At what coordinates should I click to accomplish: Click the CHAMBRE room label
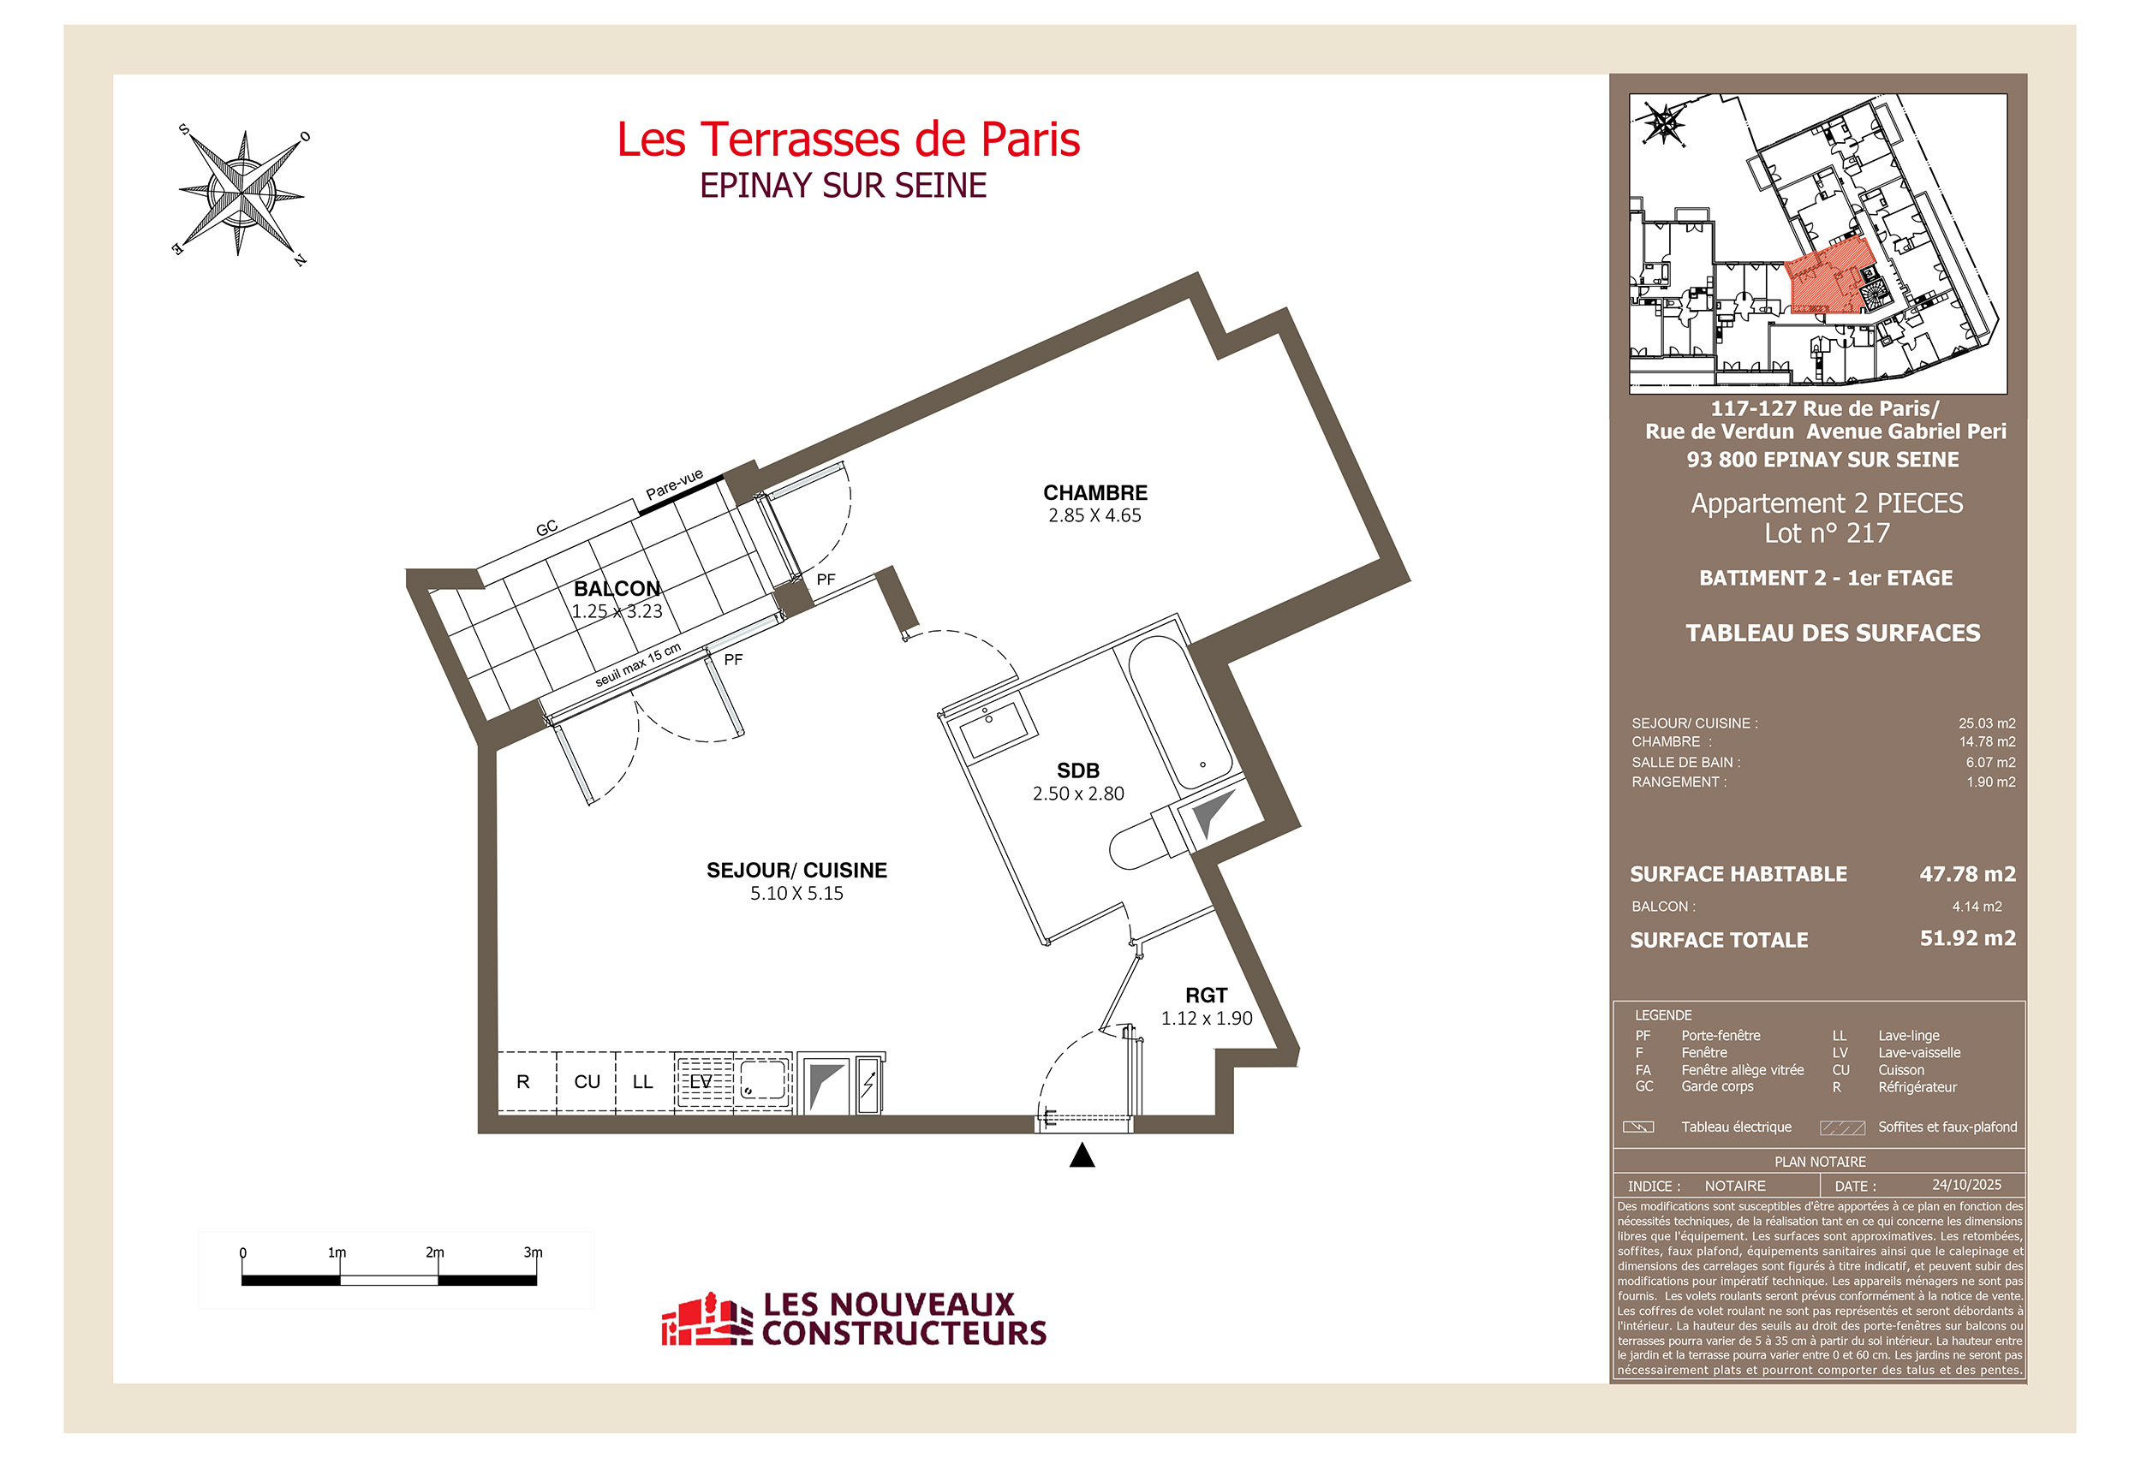(1094, 493)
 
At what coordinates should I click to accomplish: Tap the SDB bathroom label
(1078, 770)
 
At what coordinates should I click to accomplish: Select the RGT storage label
(1206, 996)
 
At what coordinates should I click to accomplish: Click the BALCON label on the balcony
(617, 588)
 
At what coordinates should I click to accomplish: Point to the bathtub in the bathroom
(1180, 714)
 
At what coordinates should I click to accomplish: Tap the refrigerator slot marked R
(523, 1082)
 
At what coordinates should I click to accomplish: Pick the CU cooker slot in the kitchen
(587, 1082)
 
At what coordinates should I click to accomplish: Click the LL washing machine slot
(643, 1082)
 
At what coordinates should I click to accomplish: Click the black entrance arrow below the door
(1082, 1156)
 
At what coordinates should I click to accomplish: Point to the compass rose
(242, 193)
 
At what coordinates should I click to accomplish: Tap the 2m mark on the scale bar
(436, 1253)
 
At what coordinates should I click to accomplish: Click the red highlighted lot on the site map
(1828, 282)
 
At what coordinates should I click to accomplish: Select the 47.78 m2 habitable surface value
(1967, 874)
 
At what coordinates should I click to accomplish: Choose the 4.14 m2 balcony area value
(1976, 907)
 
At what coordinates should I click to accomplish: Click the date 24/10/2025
(1966, 1186)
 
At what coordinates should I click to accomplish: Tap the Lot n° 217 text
(1827, 533)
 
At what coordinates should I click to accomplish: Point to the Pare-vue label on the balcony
(674, 485)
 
